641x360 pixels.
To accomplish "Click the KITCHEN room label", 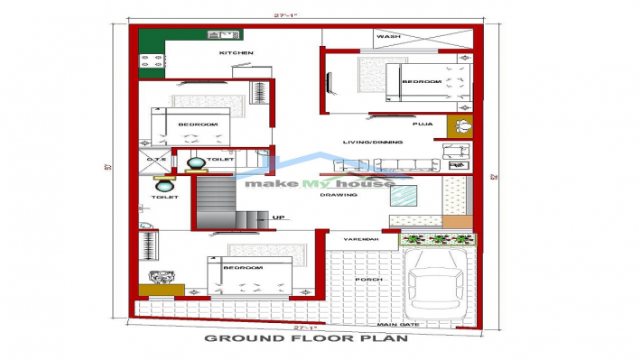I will [x=236, y=53].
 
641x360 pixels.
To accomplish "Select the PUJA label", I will [x=423, y=123].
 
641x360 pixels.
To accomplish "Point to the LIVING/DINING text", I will [x=367, y=142].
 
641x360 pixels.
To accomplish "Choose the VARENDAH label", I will [x=356, y=239].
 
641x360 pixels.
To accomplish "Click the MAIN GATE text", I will [x=397, y=324].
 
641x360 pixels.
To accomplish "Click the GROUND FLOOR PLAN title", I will [x=306, y=339].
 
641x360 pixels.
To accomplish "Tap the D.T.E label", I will [x=153, y=160].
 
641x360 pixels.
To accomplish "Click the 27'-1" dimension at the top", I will [x=303, y=15].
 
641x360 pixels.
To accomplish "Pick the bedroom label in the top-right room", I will [x=421, y=82].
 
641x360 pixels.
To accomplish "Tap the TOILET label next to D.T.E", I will [x=218, y=160].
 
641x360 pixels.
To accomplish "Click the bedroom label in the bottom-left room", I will [x=243, y=269].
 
